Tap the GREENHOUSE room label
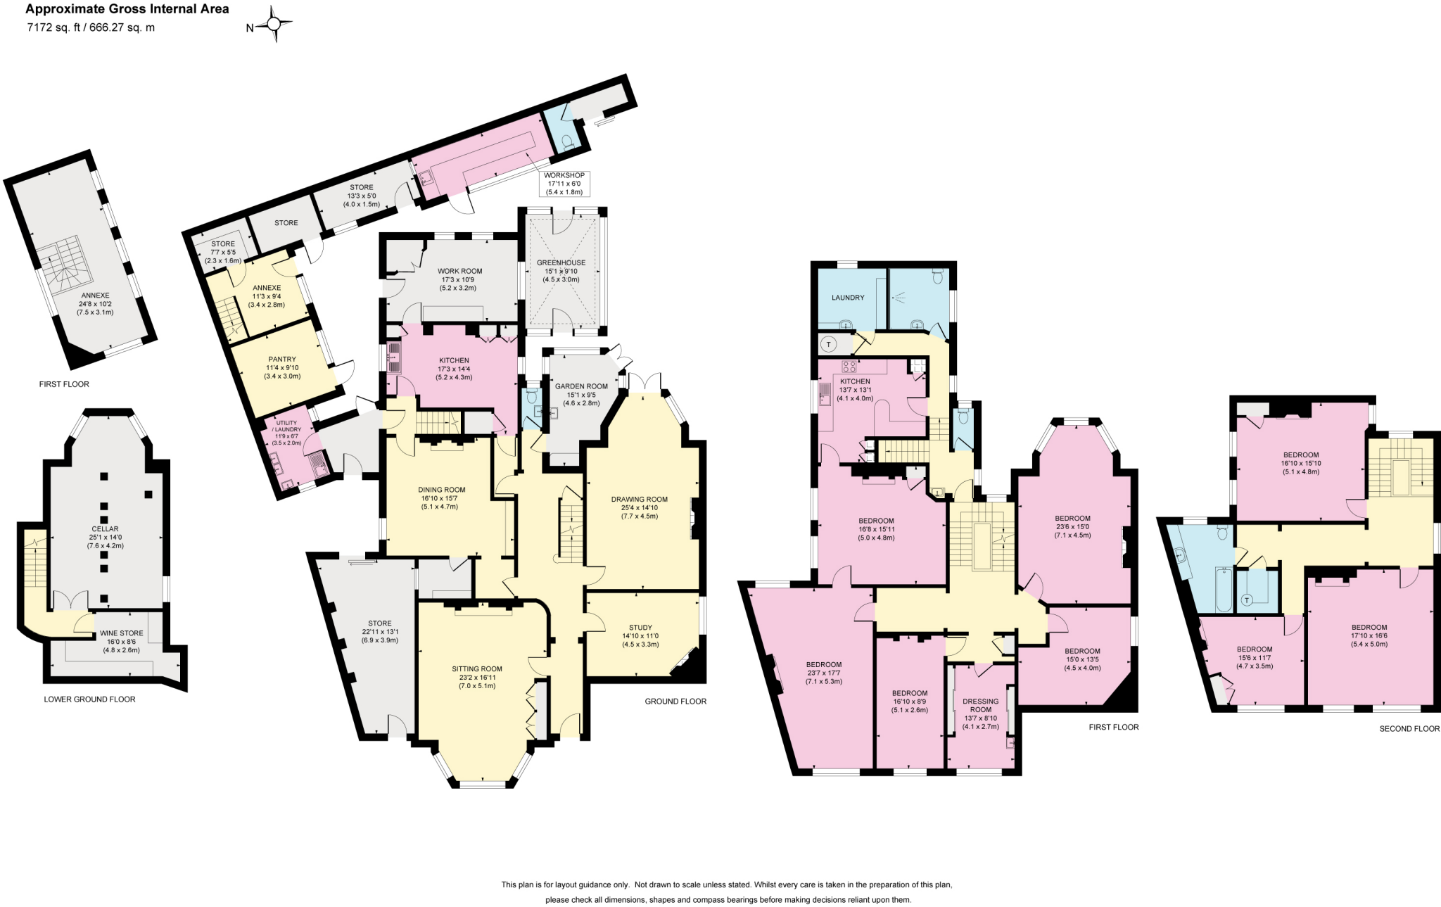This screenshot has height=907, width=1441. point(561,263)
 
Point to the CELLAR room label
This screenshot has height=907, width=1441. point(105,529)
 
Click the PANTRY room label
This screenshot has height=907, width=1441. point(281,360)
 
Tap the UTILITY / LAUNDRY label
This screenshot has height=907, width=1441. point(288,426)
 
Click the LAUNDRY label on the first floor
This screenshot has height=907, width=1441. point(847,298)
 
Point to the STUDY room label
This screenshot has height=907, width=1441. point(640,628)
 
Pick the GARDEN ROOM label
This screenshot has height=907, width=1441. point(580,386)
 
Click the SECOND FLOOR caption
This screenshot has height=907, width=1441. point(1409,728)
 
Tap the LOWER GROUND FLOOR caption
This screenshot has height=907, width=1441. point(89,699)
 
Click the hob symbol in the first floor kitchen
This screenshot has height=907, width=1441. point(849,367)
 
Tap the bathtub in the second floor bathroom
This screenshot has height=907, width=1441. point(1223,590)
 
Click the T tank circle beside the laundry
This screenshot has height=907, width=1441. point(828,344)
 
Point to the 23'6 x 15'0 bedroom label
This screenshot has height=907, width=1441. point(1072,519)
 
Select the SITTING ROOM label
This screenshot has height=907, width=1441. point(476,669)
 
